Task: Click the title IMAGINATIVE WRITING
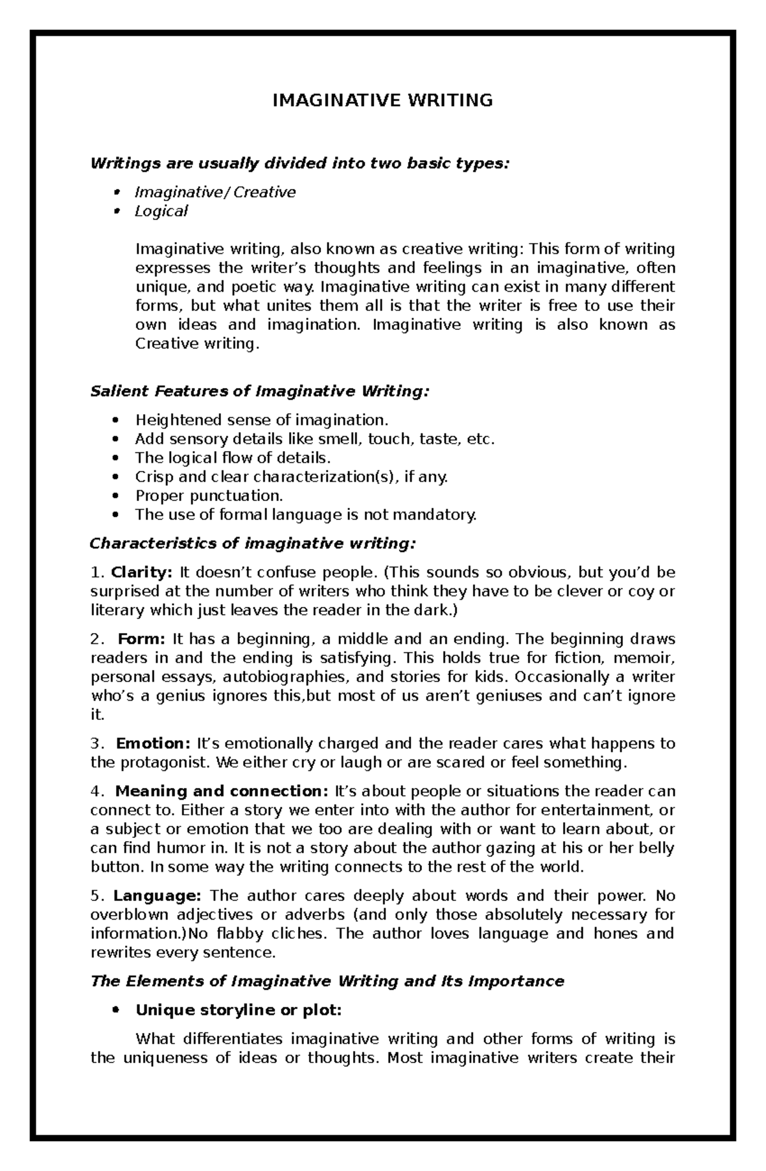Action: pyautogui.click(x=382, y=100)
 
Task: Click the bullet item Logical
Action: pyautogui.click(x=160, y=211)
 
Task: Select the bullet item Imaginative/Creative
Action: pyautogui.click(x=214, y=192)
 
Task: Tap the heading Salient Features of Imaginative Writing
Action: pyautogui.click(x=260, y=391)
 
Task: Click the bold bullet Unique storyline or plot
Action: pyautogui.click(x=238, y=1010)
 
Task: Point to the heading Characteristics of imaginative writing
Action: pyautogui.click(x=253, y=544)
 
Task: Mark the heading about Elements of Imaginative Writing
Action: pyautogui.click(x=327, y=981)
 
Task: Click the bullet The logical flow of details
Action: pyautogui.click(x=233, y=458)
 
